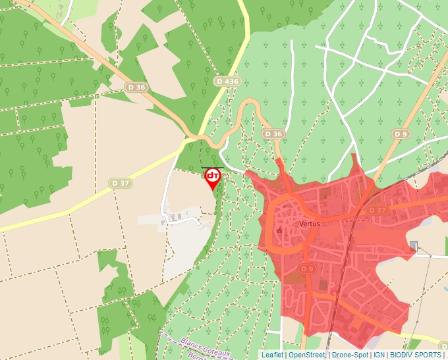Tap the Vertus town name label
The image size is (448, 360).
click(x=309, y=224)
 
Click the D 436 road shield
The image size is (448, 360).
click(x=228, y=81)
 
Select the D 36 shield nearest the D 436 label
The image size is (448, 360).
click(x=273, y=134)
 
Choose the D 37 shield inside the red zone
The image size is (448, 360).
click(x=378, y=210)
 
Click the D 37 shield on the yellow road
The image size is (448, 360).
click(x=121, y=183)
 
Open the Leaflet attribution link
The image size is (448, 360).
click(x=273, y=355)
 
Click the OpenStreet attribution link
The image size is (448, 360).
click(x=306, y=355)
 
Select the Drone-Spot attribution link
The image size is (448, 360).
click(x=350, y=355)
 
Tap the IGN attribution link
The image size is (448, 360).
click(x=379, y=355)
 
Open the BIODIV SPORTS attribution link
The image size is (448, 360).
click(x=415, y=355)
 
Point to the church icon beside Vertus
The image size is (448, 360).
click(x=280, y=231)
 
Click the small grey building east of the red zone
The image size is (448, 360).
click(x=414, y=246)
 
